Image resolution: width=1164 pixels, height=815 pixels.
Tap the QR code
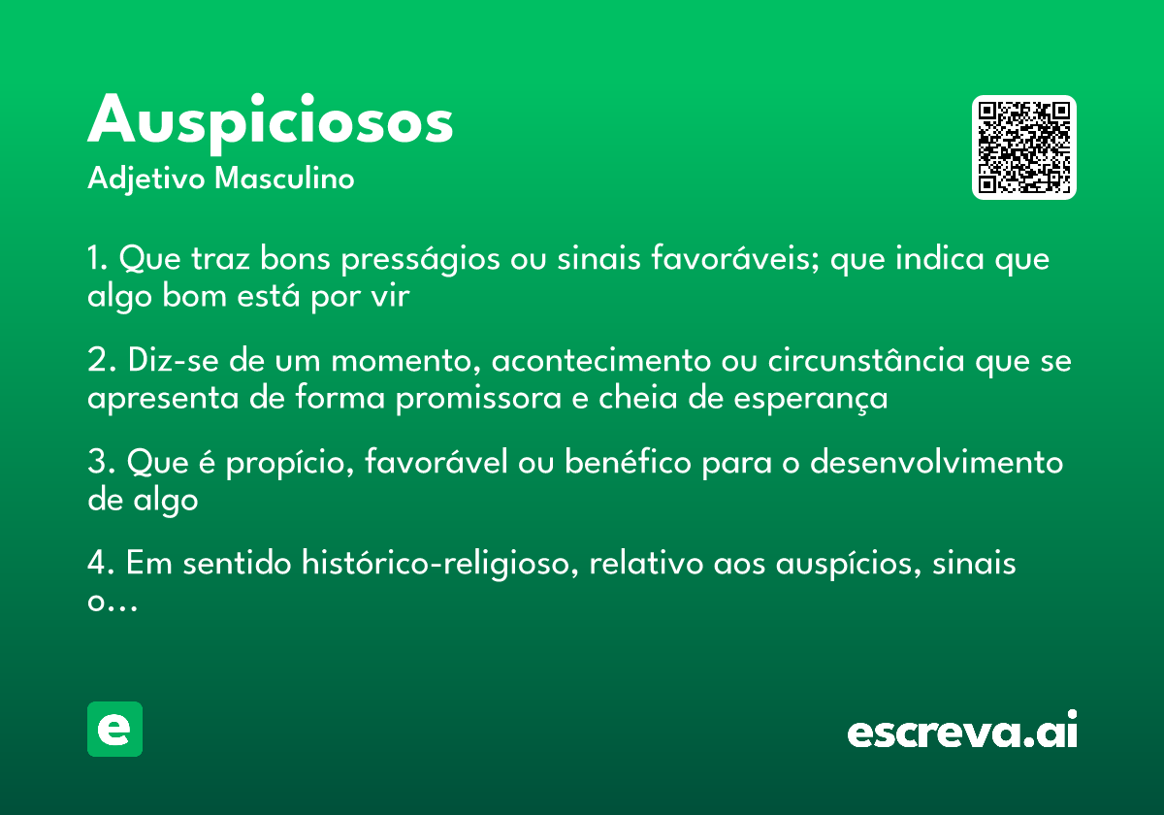[1023, 147]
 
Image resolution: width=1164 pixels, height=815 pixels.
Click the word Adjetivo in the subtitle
[146, 179]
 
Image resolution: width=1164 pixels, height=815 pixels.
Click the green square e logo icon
[114, 729]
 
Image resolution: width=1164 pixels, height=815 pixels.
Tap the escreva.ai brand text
[961, 732]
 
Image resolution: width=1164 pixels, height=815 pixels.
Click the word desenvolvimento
[936, 463]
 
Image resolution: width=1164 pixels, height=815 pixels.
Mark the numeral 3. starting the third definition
[100, 463]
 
